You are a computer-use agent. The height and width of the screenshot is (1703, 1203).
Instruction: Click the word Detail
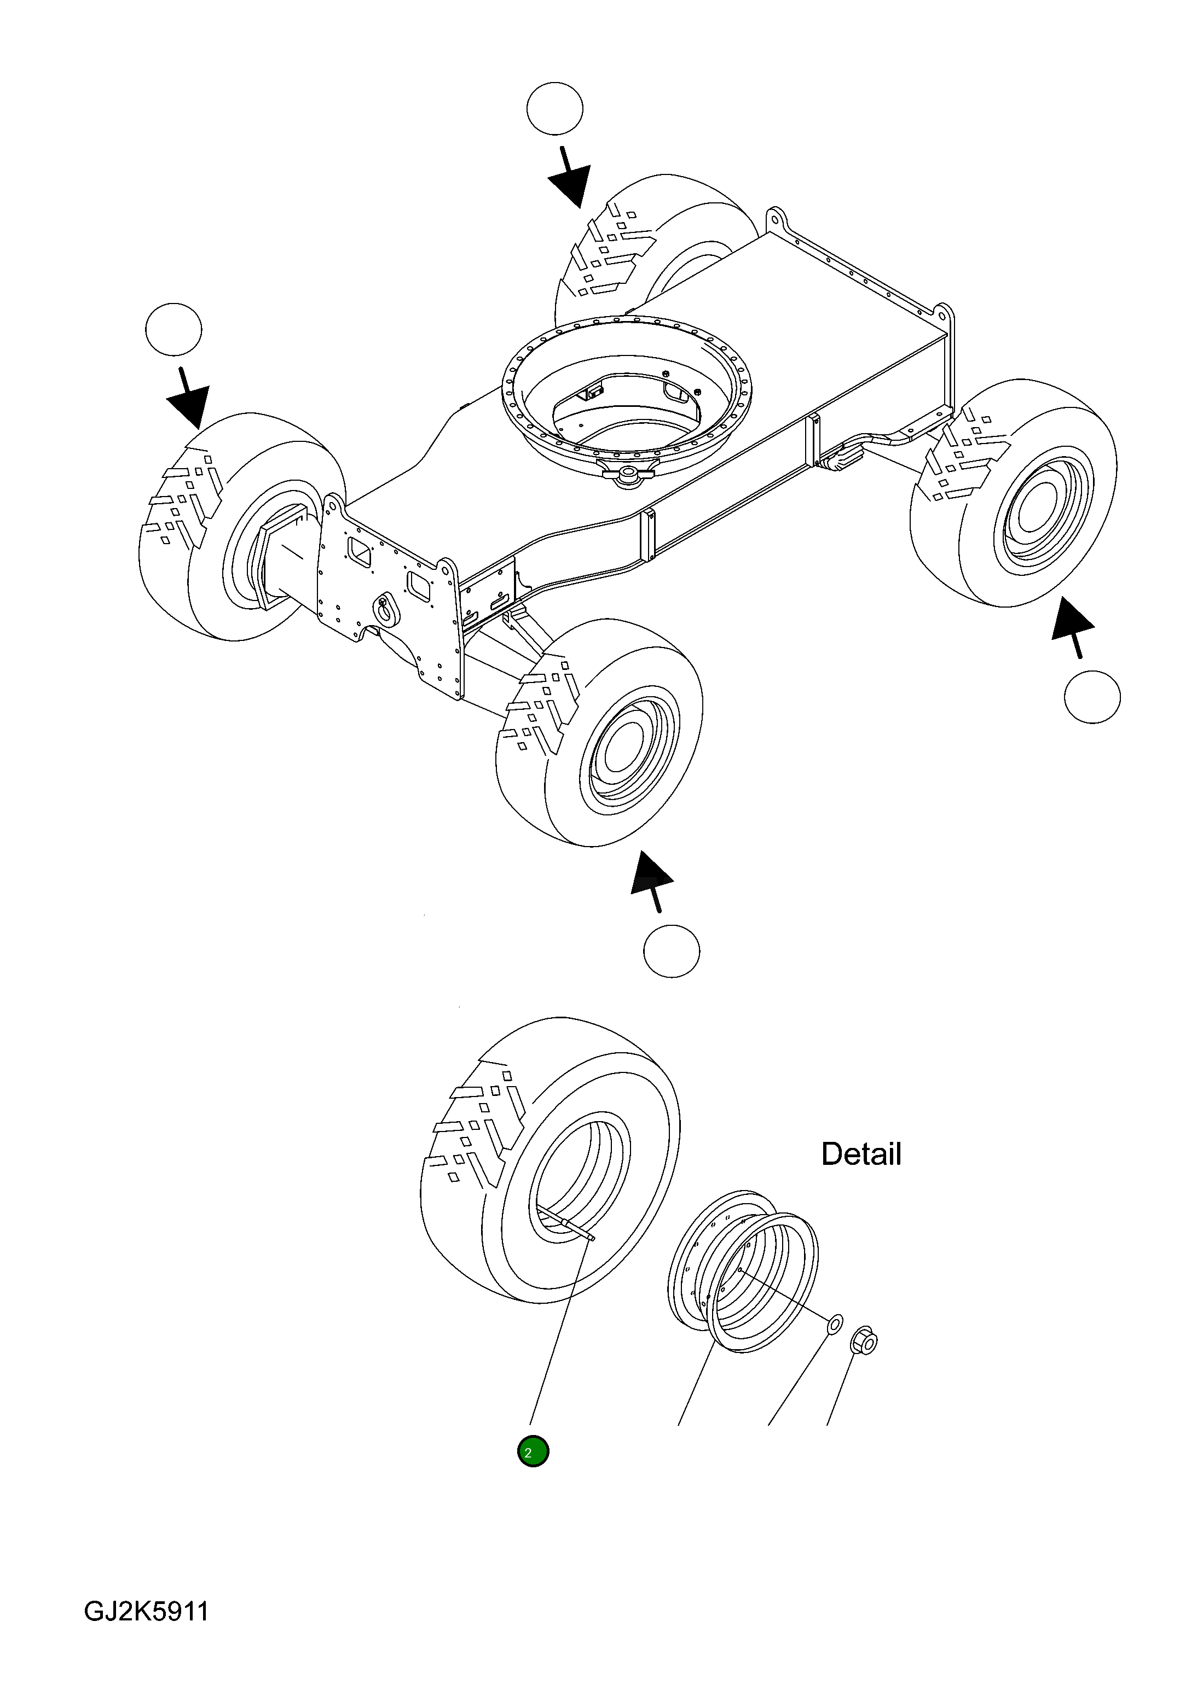click(861, 1154)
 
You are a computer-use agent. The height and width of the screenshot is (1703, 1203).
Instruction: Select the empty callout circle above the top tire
click(554, 108)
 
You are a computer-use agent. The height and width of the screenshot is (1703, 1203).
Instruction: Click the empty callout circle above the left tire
click(173, 329)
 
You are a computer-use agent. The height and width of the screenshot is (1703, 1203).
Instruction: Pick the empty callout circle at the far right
click(1092, 697)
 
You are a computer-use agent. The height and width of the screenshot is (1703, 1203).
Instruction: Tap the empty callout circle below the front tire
click(672, 951)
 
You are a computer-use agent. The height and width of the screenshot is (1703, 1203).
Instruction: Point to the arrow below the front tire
click(652, 881)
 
